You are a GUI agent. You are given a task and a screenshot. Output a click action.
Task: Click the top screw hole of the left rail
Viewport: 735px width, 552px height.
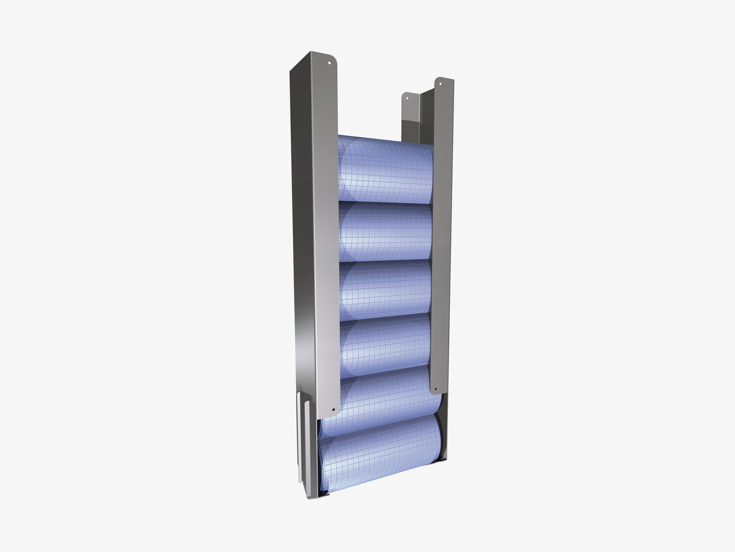pos(330,62)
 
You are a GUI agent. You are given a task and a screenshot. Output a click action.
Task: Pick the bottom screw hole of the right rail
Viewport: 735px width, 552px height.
pos(436,389)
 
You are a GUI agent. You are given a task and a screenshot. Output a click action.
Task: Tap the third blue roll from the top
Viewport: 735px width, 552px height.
pos(385,288)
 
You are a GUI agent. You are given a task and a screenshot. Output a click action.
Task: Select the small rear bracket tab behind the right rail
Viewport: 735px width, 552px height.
pos(410,116)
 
